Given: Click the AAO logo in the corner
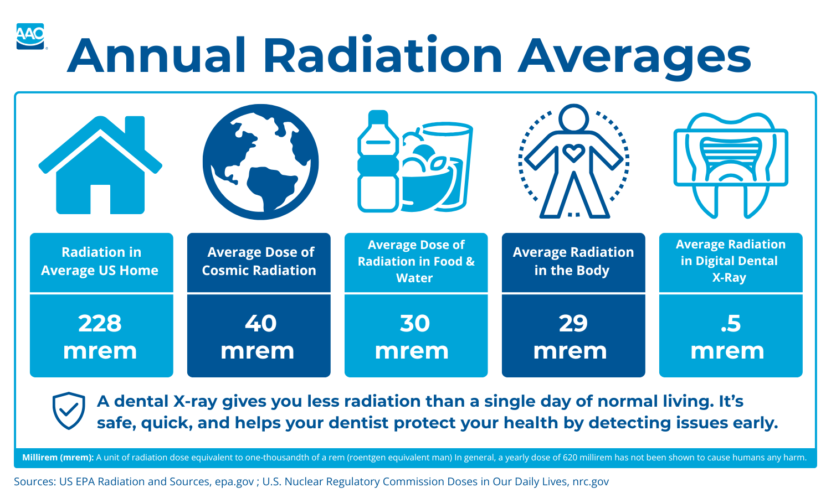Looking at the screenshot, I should (30, 36).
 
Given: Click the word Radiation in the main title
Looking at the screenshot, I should (382, 56).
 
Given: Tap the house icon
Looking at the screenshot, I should (100, 166).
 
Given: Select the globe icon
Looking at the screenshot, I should (260, 162).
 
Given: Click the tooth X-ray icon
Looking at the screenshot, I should (731, 165).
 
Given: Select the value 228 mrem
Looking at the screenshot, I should (100, 336).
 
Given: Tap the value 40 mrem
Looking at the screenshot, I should (258, 336).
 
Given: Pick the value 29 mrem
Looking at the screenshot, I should (572, 336).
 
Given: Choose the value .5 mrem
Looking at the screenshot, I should (729, 336).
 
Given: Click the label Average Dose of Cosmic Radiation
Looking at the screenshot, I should (259, 261).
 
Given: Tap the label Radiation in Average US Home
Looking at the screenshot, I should (100, 261).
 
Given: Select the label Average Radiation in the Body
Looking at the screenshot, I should (573, 261).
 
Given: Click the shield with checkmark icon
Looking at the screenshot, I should (69, 411).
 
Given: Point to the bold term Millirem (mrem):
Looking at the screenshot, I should (58, 458).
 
